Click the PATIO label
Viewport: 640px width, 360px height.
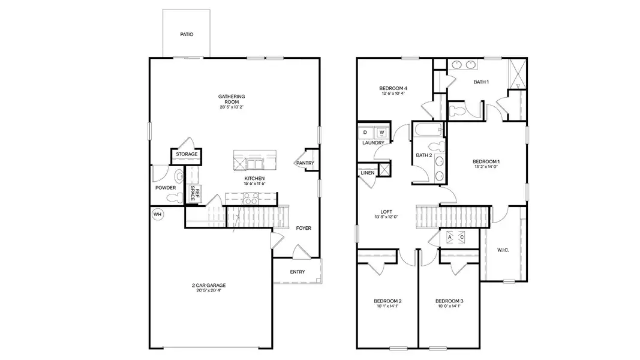point(187,35)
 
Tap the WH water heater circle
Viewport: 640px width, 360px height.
point(158,214)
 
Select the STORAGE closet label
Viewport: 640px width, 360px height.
point(187,155)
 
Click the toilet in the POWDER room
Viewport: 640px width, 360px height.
point(172,197)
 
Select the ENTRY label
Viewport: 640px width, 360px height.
point(298,272)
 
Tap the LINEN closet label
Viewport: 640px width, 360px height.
point(368,173)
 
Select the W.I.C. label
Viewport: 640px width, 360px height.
point(503,250)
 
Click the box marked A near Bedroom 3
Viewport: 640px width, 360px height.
point(450,237)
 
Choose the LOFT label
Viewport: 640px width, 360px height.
point(386,211)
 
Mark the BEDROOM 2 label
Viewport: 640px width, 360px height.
point(387,301)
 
